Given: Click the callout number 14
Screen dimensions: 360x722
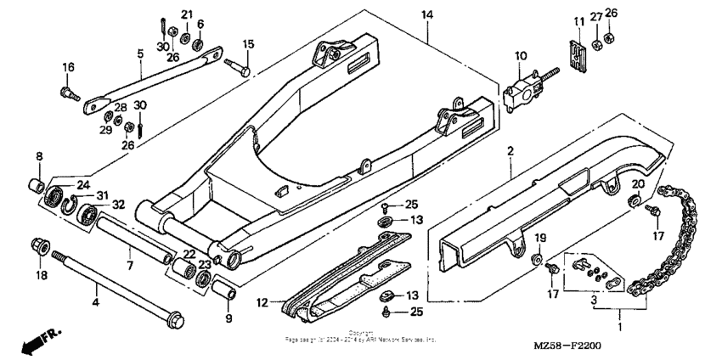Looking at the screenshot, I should pyautogui.click(x=426, y=15).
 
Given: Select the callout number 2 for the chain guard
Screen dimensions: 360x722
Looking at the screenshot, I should pyautogui.click(x=510, y=151).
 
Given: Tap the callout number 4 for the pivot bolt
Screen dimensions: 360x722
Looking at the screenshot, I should pyautogui.click(x=95, y=301).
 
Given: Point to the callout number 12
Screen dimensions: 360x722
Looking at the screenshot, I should pyautogui.click(x=263, y=301).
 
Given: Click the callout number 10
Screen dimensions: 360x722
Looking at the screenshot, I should pyautogui.click(x=518, y=56).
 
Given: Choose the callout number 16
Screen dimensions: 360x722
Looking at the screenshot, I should pyautogui.click(x=68, y=66).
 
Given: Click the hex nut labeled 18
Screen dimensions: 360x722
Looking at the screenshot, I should pyautogui.click(x=39, y=247).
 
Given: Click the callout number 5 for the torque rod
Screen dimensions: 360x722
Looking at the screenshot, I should pyautogui.click(x=141, y=53).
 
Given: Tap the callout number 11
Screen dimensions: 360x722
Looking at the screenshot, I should pyautogui.click(x=578, y=20).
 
